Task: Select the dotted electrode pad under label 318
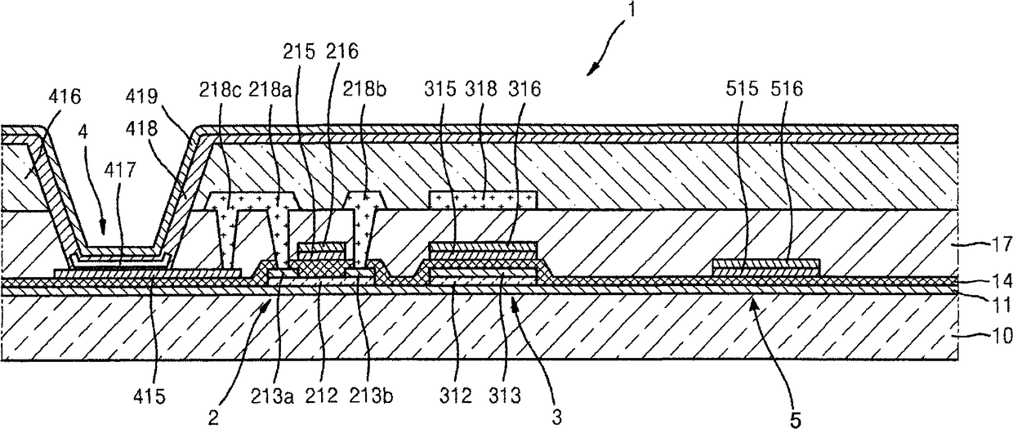click(x=483, y=199)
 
